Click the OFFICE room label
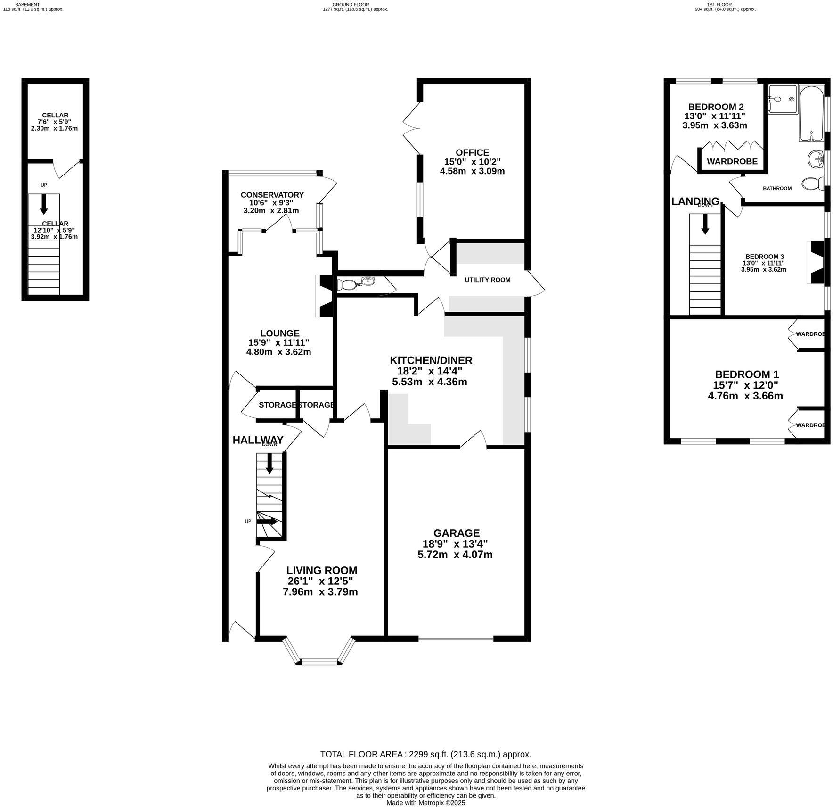click(472, 152)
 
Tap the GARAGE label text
click(456, 533)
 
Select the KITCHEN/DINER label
click(431, 360)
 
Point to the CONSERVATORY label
click(272, 195)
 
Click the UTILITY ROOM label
click(487, 280)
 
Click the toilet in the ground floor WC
click(347, 284)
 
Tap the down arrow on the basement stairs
click(44, 204)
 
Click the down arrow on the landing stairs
click(705, 224)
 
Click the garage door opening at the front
click(456, 639)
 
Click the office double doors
click(410, 126)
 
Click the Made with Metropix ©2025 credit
click(425, 802)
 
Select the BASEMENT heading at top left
click(27, 4)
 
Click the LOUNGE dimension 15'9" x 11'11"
click(278, 342)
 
